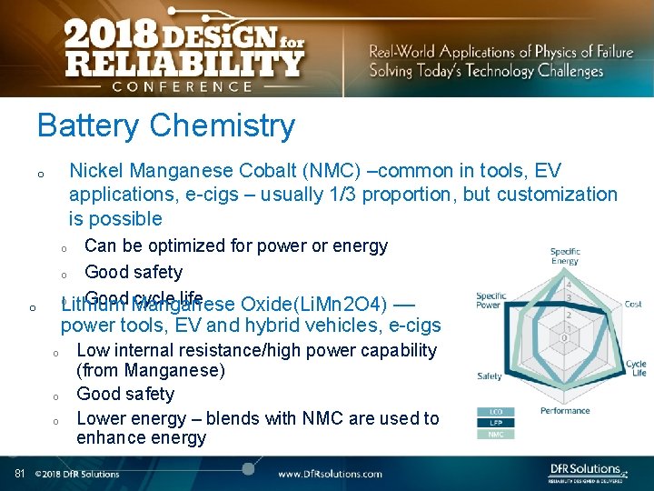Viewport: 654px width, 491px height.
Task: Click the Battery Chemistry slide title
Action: pos(165,125)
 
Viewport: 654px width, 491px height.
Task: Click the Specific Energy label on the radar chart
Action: pos(565,256)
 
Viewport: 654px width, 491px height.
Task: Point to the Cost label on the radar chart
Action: pos(633,304)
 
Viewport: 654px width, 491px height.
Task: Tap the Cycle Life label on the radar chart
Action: pos(636,367)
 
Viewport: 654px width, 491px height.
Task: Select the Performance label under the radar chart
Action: pos(565,411)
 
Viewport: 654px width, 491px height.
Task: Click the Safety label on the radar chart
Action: pos(490,376)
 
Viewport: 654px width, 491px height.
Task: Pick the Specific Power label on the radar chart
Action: pos(491,300)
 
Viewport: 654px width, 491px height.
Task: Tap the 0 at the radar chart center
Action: pos(566,338)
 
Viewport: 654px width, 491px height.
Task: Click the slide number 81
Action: pos(19,473)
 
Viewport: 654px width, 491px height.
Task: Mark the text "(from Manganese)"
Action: pos(151,370)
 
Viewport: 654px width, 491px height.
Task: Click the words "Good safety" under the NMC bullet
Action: pos(134,272)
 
